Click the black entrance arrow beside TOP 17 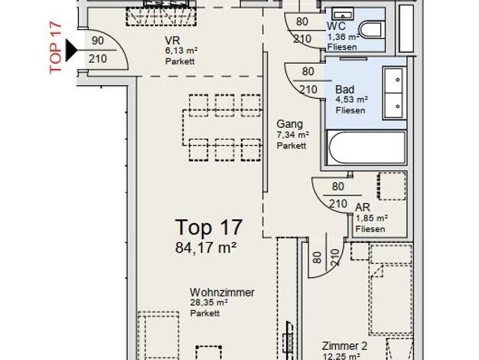(x=71, y=50)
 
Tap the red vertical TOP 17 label (x=56, y=47)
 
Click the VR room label (x=172, y=41)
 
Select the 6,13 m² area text (x=181, y=51)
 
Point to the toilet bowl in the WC (x=371, y=30)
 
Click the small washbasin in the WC (x=343, y=15)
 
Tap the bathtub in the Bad (x=366, y=148)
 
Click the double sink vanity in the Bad (x=394, y=93)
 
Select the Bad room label (x=345, y=90)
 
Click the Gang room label (x=289, y=124)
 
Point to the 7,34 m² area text (x=292, y=135)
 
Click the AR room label (x=363, y=208)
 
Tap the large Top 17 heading (x=209, y=227)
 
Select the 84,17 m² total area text (x=206, y=247)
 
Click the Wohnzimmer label (x=222, y=293)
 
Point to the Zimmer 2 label (x=344, y=346)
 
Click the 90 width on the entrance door (x=97, y=41)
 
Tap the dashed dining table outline (x=223, y=128)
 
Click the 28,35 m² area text (x=209, y=303)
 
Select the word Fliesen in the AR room (x=370, y=229)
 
